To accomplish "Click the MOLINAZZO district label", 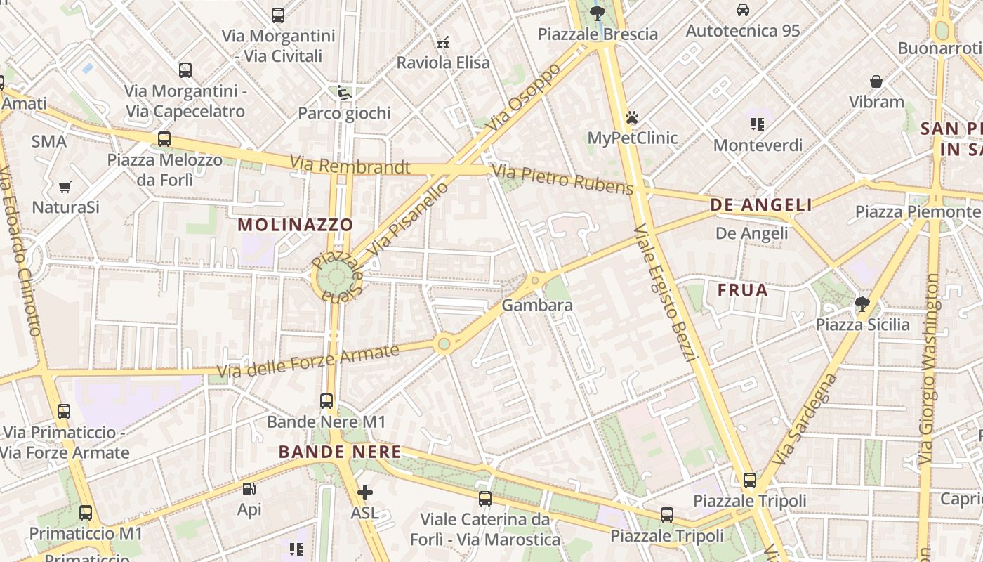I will (x=295, y=225).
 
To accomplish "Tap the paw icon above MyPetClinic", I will (x=632, y=117).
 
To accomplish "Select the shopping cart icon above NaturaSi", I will (x=65, y=187).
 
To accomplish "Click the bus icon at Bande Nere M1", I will (x=326, y=401).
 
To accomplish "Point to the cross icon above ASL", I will (x=364, y=492).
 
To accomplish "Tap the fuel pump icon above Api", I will (x=249, y=489).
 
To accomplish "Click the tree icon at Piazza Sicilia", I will (x=862, y=304).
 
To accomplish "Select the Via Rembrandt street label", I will (x=350, y=166).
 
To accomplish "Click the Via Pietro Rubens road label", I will (x=562, y=179).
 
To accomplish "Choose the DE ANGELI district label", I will (x=761, y=205).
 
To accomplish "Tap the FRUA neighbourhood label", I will (x=742, y=290).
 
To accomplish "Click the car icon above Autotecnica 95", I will (x=743, y=10).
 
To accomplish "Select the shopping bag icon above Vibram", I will (x=876, y=81).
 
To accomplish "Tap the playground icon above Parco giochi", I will (x=343, y=93).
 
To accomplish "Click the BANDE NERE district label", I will (x=340, y=452).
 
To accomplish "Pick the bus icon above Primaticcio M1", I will (x=86, y=513).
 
